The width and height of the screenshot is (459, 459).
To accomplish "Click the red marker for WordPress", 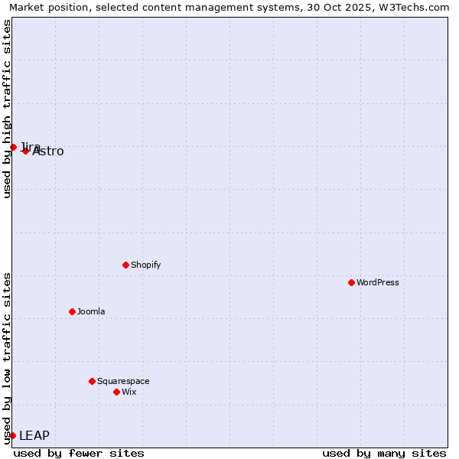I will click(351, 282).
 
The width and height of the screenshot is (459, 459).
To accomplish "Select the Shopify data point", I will click(125, 265).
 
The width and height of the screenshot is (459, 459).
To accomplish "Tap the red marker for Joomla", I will click(72, 311).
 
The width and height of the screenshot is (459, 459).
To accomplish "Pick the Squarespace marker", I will click(92, 381).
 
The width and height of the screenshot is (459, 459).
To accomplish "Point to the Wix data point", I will click(116, 392).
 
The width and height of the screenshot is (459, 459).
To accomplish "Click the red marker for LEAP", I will click(12, 435).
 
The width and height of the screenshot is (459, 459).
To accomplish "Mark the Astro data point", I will click(25, 151).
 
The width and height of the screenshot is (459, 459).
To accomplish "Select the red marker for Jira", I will click(13, 147).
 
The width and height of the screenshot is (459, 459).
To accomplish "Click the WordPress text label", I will click(378, 282).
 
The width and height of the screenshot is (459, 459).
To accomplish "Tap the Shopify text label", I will click(145, 265).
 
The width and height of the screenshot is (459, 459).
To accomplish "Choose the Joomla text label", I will click(91, 311).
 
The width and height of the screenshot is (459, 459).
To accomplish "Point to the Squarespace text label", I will click(123, 381).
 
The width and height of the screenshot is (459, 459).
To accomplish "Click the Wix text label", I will click(129, 392).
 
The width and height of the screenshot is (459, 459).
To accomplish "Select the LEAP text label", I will click(34, 435).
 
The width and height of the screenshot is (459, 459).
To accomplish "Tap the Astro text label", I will click(49, 151).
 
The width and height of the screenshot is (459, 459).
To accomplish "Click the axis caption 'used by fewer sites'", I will click(79, 453).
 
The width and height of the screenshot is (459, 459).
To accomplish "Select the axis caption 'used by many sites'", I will click(384, 453).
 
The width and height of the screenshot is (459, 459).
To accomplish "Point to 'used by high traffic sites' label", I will click(8, 109).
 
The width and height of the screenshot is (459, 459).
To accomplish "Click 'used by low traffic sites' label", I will click(8, 358).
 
